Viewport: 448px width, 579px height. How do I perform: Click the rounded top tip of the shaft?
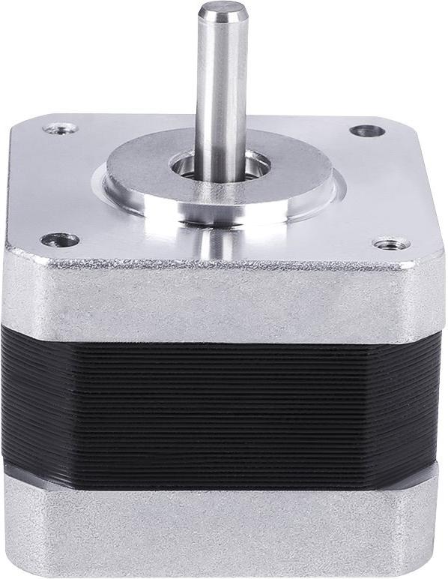[223, 9]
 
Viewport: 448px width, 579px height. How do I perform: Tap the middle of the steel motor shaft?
[223, 82]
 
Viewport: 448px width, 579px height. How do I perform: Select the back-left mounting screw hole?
[60, 128]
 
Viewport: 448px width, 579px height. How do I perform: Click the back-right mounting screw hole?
[367, 130]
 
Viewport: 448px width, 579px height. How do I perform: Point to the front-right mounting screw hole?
[390, 244]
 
